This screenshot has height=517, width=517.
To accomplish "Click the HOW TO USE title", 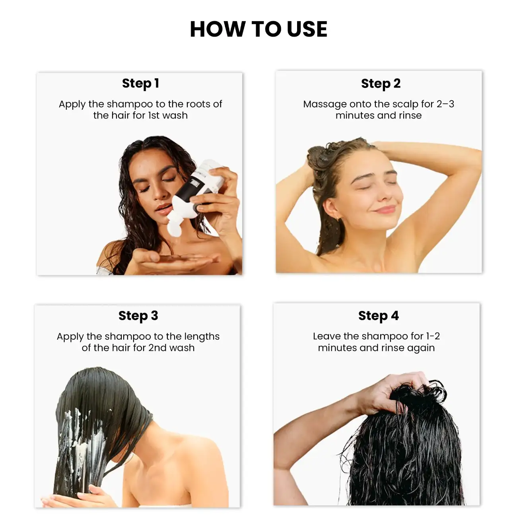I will tap(258, 29).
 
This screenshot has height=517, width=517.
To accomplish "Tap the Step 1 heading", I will tap(140, 84).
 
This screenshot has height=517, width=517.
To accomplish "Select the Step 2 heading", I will tap(381, 84).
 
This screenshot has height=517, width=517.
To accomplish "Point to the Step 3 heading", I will tap(138, 316).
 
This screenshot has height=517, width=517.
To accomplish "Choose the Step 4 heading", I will tap(378, 316).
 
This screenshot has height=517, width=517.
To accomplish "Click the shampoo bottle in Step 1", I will tap(201, 185).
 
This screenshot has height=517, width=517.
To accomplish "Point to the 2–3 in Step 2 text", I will tap(445, 104).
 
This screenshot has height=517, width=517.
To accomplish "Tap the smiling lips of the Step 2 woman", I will tap(385, 210).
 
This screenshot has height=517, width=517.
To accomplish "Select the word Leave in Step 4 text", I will tap(327, 336).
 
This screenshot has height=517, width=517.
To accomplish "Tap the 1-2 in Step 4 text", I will tap(433, 336).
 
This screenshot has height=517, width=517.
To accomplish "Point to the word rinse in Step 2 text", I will tap(410, 116).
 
